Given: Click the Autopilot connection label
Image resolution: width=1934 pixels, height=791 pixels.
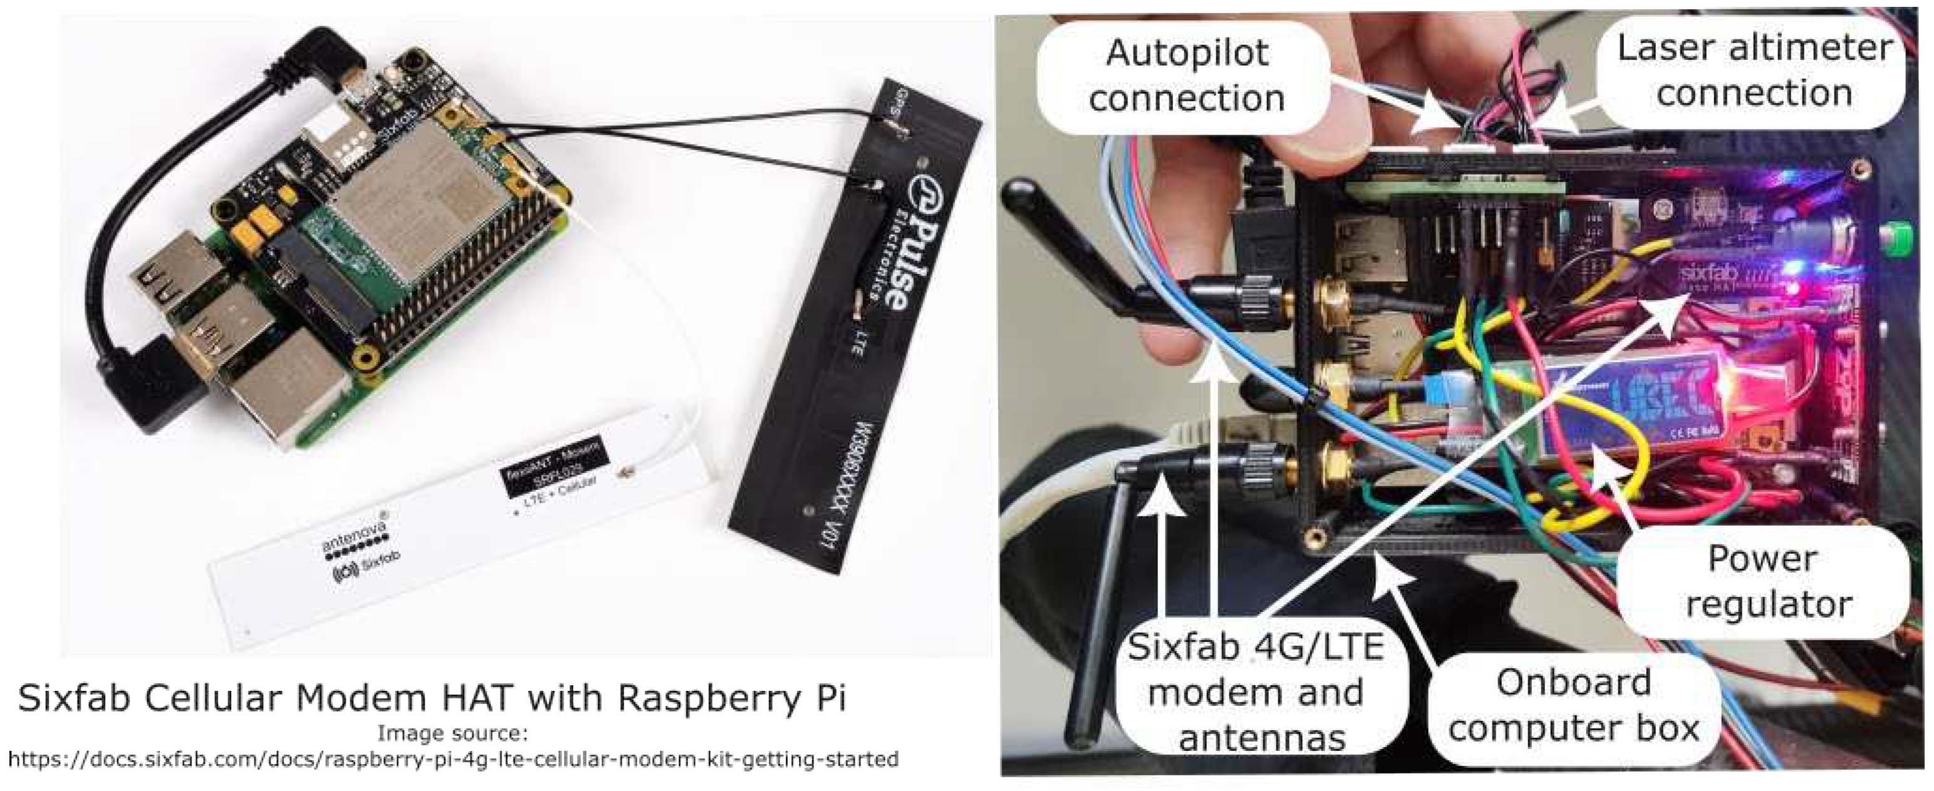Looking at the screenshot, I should tap(1186, 75).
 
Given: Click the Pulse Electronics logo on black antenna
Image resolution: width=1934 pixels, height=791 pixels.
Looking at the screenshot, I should tap(886, 240).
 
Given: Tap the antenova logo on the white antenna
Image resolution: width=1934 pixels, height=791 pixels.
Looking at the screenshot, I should tap(354, 534).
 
